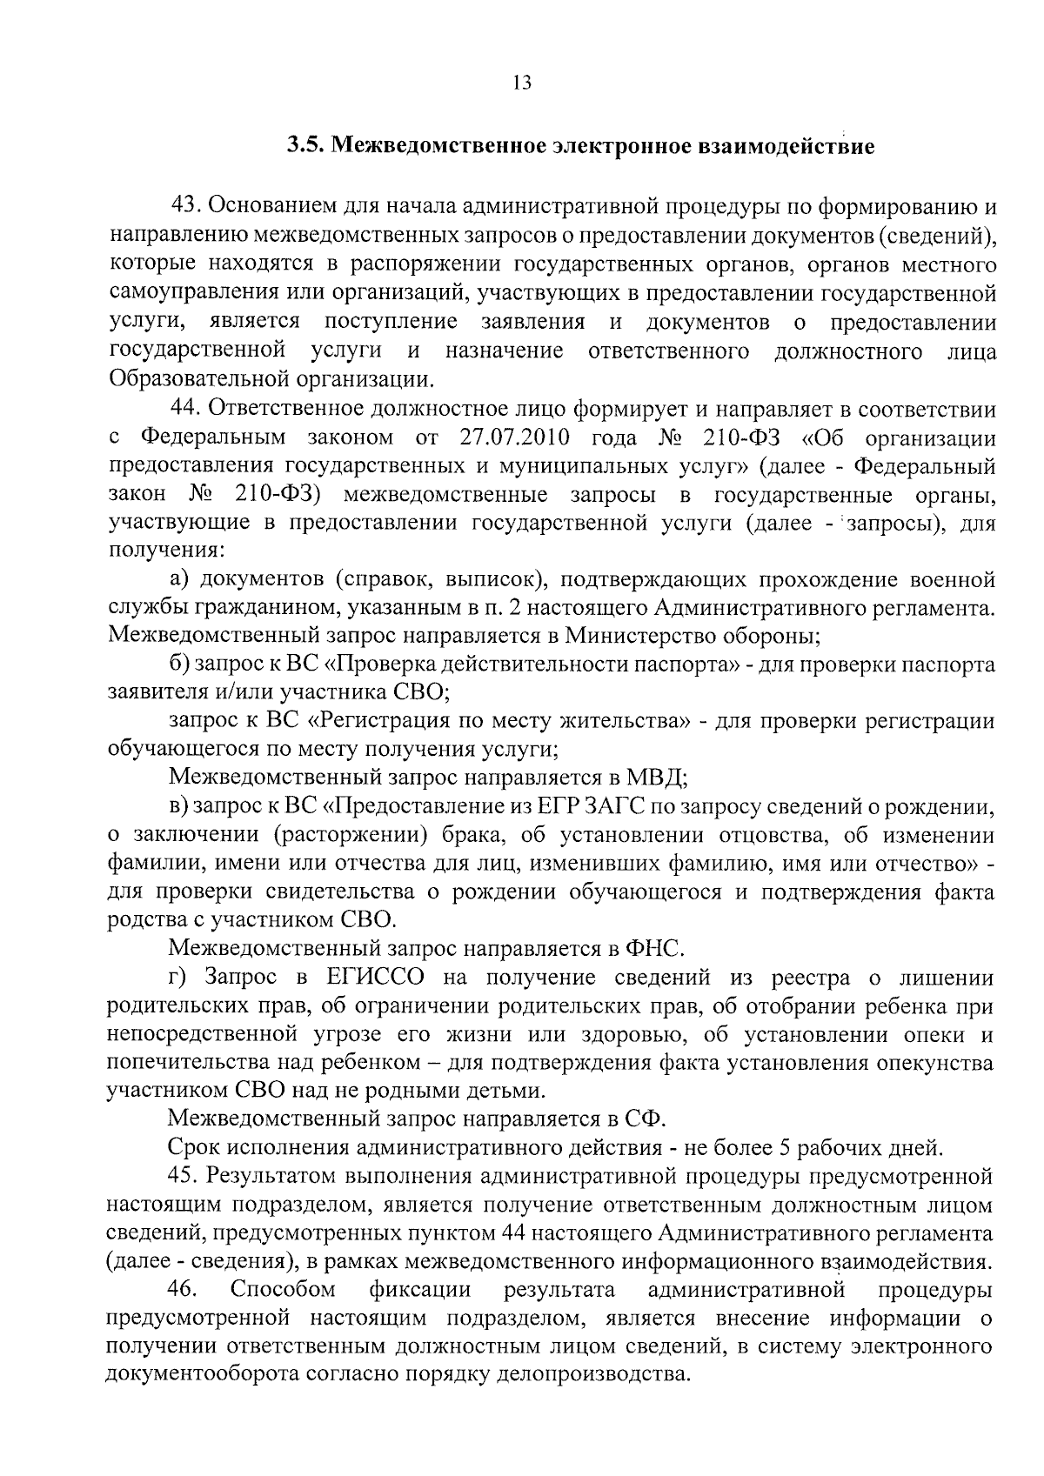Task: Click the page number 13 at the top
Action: point(521,83)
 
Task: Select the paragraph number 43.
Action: point(187,207)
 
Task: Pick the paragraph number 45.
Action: point(184,1177)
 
